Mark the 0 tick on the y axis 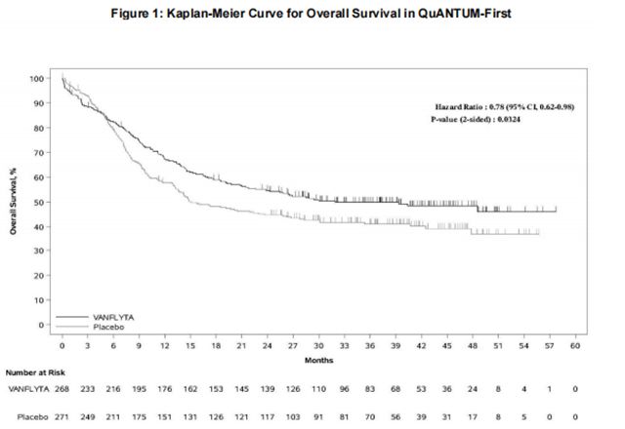[x=44, y=325]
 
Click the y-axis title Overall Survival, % [x=15, y=201]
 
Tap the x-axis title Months [x=318, y=359]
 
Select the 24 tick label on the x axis [x=268, y=345]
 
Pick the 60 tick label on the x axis [x=575, y=345]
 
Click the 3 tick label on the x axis [x=88, y=345]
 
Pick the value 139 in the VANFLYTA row [x=268, y=390]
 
